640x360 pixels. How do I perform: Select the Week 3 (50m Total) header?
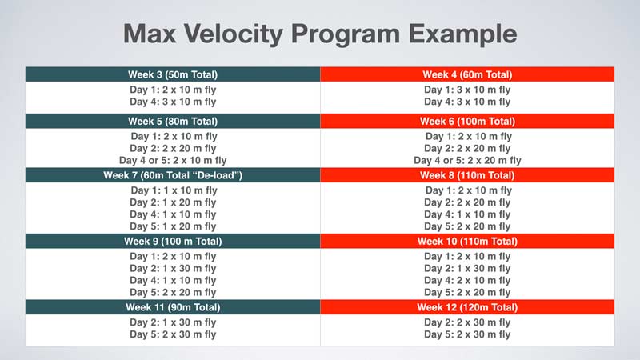173,74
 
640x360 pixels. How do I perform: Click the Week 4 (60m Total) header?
467,74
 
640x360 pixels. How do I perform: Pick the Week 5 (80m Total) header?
173,122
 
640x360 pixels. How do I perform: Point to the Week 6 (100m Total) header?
467,122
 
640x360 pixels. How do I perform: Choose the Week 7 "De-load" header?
173,175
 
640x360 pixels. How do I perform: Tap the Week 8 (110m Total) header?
467,175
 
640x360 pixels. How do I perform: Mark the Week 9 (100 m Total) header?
173,241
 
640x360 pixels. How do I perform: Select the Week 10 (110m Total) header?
467,241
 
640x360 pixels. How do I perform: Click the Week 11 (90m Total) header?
173,306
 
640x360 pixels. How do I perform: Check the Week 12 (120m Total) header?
467,306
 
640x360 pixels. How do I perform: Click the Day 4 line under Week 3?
173,102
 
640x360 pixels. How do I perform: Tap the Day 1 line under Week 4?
467,90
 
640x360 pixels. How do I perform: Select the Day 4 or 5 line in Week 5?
173,160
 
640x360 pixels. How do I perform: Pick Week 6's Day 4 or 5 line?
467,160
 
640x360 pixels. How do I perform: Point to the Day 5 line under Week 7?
173,226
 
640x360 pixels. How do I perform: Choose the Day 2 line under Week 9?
173,268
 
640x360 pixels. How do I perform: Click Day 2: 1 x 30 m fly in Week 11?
173,322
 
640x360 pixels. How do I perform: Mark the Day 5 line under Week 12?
467,334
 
